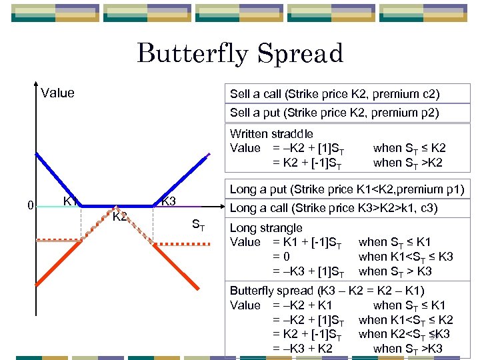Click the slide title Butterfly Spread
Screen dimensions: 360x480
click(240, 53)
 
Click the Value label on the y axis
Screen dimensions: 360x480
click(57, 93)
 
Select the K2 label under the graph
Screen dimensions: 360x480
click(119, 217)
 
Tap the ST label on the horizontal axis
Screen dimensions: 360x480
click(199, 226)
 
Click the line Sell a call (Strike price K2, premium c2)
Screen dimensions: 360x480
click(335, 94)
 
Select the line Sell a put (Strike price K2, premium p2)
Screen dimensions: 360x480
click(335, 113)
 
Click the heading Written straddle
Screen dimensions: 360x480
click(271, 134)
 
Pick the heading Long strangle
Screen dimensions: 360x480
click(266, 228)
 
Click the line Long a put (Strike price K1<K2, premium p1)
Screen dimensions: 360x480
click(347, 191)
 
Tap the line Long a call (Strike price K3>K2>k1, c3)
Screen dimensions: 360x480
click(333, 209)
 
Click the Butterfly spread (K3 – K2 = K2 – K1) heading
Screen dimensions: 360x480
click(327, 291)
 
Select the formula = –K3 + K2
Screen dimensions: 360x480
click(303, 349)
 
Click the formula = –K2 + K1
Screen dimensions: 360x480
click(303, 305)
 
